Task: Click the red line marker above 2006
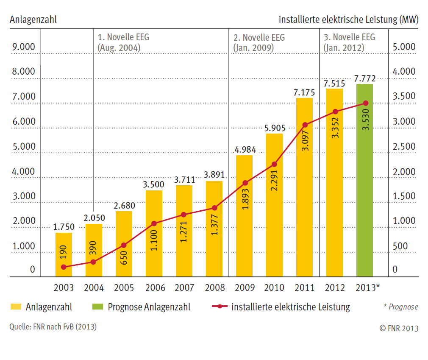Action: pyautogui.click(x=154, y=223)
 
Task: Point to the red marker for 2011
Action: pyautogui.click(x=305, y=125)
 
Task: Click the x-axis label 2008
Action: pyautogui.click(x=214, y=288)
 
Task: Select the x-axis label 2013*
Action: pyautogui.click(x=367, y=288)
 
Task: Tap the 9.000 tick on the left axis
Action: pyautogui.click(x=24, y=47)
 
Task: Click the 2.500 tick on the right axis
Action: pyautogui.click(x=404, y=147)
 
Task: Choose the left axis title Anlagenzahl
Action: pyautogui.click(x=33, y=20)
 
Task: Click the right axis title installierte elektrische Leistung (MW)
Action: pyautogui.click(x=348, y=20)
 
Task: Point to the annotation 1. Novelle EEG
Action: pyautogui.click(x=123, y=37)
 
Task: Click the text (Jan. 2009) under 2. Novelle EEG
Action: pyautogui.click(x=253, y=48)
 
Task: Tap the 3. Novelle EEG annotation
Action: pyautogui.click(x=349, y=37)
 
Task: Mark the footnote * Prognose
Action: pyautogui.click(x=400, y=307)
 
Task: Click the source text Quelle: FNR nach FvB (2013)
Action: pyautogui.click(x=53, y=327)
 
